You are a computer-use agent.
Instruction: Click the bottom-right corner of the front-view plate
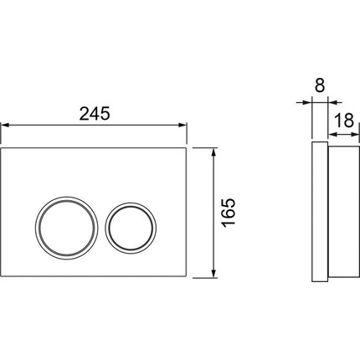tap(187, 277)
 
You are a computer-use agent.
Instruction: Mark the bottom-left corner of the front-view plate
tap(3, 277)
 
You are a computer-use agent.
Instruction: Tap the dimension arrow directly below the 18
tap(340, 133)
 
